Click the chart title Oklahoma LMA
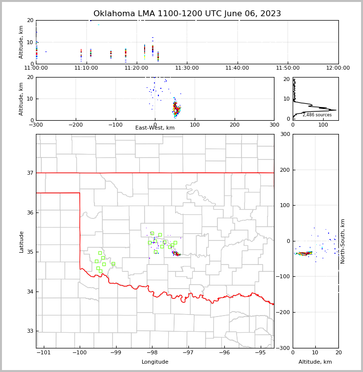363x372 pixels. [187, 14]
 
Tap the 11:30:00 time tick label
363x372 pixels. [187, 68]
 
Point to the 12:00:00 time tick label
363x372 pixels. [338, 68]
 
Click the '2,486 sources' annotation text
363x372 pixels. [317, 115]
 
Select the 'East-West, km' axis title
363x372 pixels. [155, 128]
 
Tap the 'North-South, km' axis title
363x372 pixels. [343, 241]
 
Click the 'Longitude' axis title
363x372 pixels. [155, 362]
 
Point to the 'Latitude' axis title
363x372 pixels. [21, 241]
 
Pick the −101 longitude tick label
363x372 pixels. [43, 352]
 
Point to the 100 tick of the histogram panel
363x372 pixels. [323, 125]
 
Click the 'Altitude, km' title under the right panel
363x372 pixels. [315, 362]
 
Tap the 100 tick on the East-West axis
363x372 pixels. [195, 125]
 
